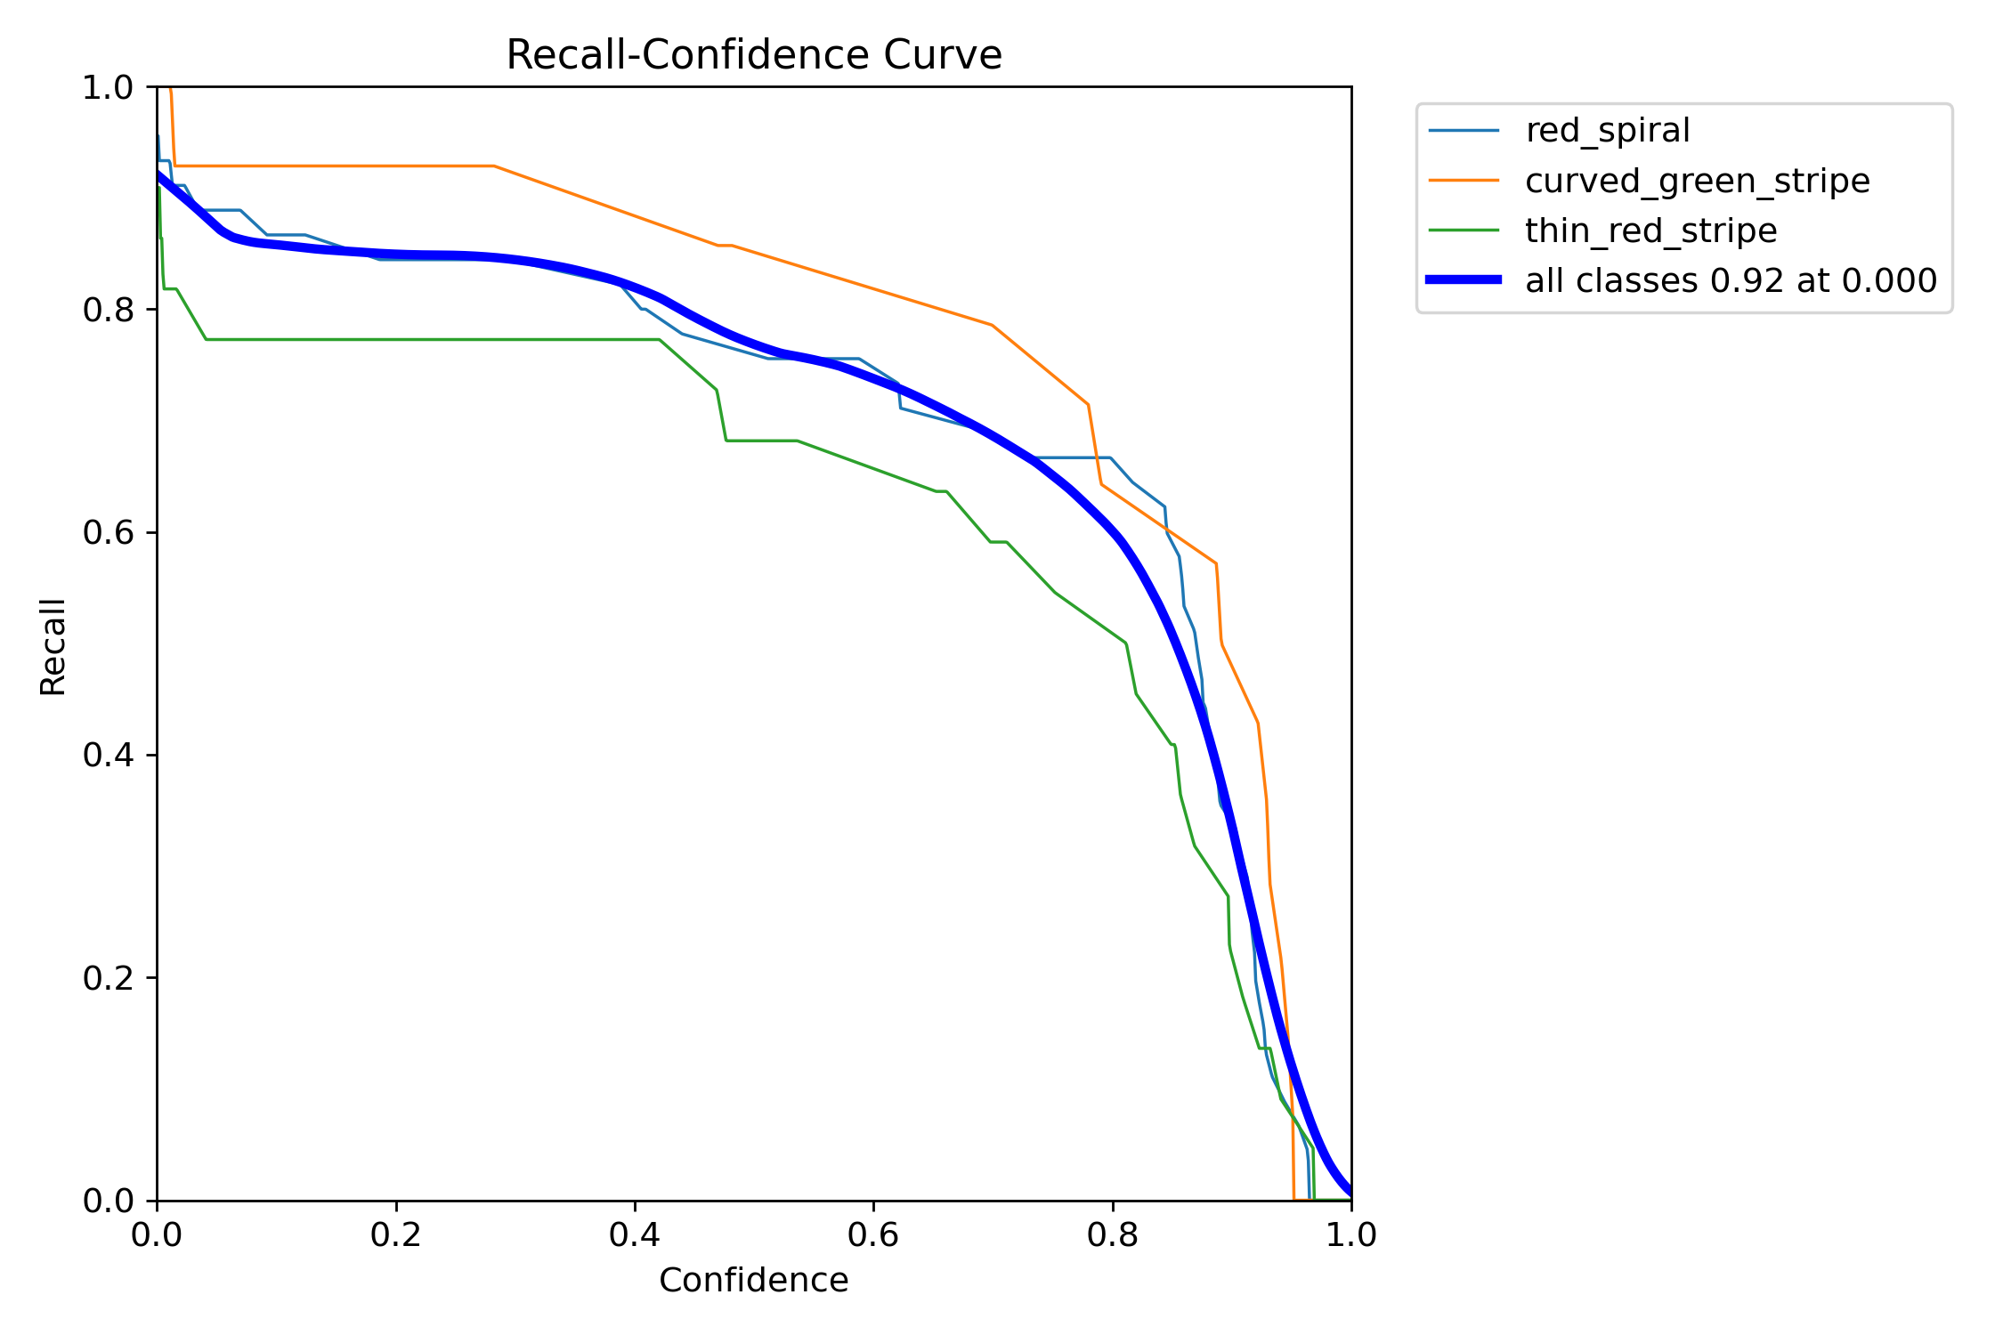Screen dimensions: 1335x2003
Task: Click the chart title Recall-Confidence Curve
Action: [754, 55]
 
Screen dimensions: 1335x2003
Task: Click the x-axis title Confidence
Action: [753, 1280]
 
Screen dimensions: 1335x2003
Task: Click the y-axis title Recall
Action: [53, 646]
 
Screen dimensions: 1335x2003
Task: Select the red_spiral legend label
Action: [1607, 131]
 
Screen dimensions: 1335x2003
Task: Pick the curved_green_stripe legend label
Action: [1697, 181]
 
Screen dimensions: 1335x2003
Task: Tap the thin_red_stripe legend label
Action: [1650, 231]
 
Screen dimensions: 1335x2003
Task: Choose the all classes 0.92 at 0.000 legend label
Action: [1731, 280]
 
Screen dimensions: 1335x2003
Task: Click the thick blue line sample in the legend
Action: [1464, 280]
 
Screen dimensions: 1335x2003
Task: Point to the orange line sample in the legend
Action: [1464, 181]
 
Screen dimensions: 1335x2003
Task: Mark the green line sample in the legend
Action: [1464, 231]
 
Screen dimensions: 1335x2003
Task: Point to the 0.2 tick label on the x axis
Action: [396, 1234]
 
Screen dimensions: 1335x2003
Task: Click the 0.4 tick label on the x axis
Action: [635, 1234]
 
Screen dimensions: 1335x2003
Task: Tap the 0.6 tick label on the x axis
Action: [873, 1234]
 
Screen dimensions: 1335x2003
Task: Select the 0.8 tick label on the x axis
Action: [1113, 1234]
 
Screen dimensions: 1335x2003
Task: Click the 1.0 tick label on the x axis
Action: [1351, 1234]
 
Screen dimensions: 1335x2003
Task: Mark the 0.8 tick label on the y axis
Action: [108, 310]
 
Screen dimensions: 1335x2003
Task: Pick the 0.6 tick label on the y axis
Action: [108, 532]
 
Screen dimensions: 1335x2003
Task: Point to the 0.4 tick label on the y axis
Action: [108, 755]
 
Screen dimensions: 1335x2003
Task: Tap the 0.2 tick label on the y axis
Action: [108, 978]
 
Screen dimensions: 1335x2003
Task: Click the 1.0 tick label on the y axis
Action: [108, 87]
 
